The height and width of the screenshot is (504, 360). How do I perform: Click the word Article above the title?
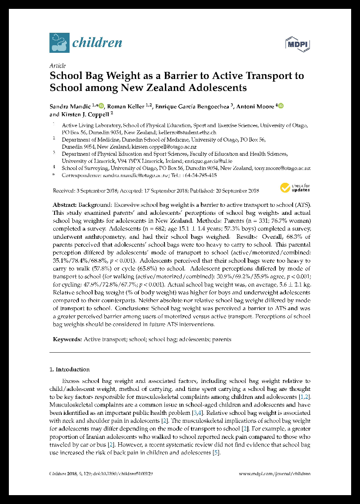point(58,65)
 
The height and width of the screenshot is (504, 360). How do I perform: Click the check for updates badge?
point(295,188)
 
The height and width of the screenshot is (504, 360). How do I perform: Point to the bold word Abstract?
point(65,205)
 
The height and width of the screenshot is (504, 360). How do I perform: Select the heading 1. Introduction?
point(69,369)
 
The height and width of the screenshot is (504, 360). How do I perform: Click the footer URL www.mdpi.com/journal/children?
point(275,474)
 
